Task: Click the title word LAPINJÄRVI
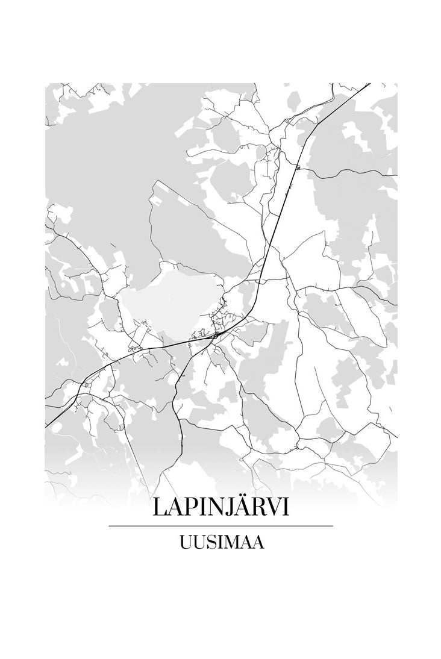pyautogui.click(x=220, y=507)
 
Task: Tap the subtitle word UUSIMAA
pyautogui.click(x=220, y=543)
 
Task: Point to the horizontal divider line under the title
pyautogui.click(x=220, y=526)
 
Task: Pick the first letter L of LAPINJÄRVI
pyautogui.click(x=160, y=507)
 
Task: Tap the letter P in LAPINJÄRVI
pyautogui.click(x=185, y=507)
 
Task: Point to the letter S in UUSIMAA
pyautogui.click(x=208, y=543)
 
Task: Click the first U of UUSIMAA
pyautogui.click(x=185, y=543)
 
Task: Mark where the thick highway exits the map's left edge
pyautogui.click(x=46, y=426)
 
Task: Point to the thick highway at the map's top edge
pyautogui.click(x=369, y=84)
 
